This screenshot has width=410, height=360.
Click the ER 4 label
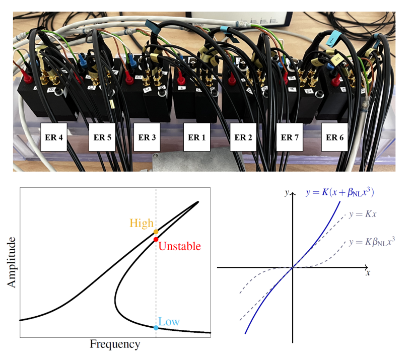point(53,136)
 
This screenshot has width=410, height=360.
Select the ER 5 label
point(102,136)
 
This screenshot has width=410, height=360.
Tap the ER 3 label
point(147,136)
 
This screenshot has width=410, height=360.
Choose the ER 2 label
point(243,136)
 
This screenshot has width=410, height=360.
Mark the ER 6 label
point(334,136)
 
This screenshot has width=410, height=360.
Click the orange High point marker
point(156,232)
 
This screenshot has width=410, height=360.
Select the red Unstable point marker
point(156,239)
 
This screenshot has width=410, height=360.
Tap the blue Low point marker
point(156,327)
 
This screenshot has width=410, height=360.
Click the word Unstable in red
point(180,246)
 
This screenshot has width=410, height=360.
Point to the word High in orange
point(141,223)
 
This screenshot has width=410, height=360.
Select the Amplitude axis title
point(12,262)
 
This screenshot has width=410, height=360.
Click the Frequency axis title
point(115,344)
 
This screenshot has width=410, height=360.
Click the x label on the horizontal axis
point(368,272)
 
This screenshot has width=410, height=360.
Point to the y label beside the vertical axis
point(286,192)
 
